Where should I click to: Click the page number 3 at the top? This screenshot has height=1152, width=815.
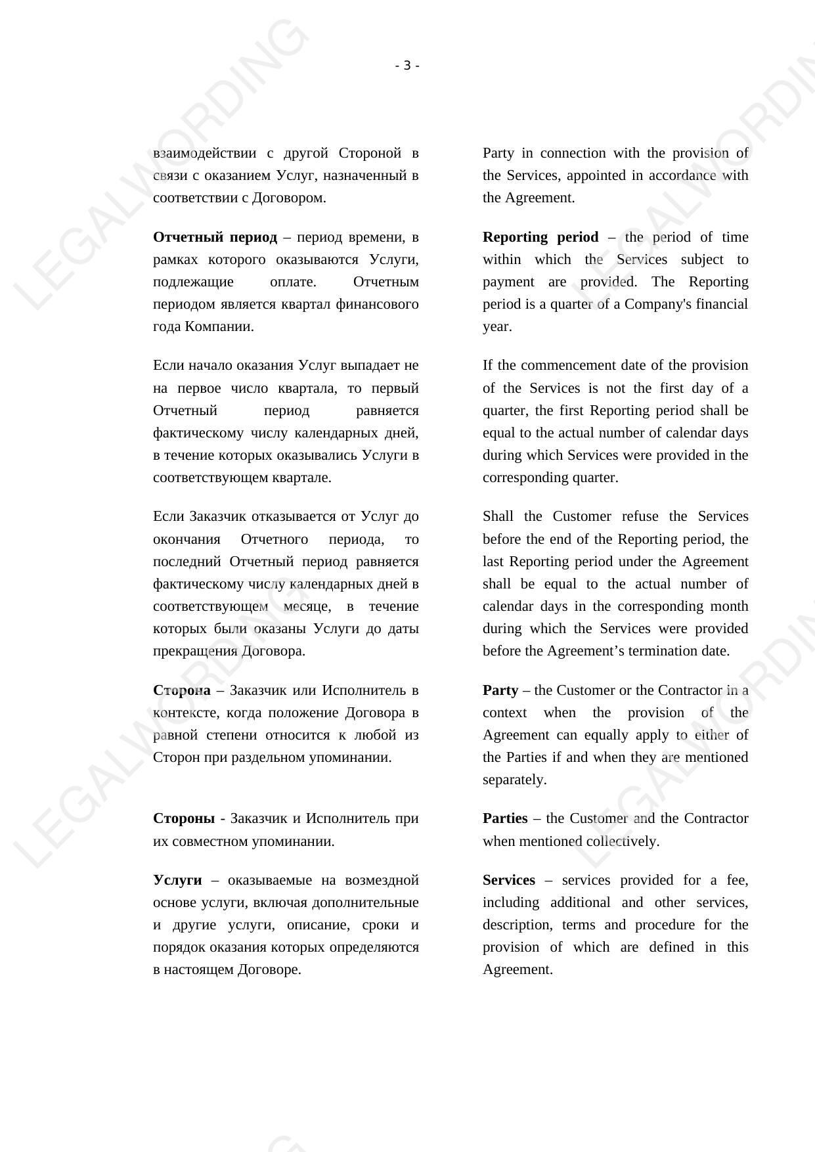(407, 66)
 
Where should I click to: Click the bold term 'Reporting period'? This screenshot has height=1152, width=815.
(540, 237)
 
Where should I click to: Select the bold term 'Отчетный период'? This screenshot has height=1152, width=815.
(215, 237)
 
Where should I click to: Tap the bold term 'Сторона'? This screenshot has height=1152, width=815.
(181, 690)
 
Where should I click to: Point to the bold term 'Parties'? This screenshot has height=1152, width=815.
(504, 818)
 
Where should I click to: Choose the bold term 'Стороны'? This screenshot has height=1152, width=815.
(183, 818)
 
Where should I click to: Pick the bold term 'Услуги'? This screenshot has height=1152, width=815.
(177, 880)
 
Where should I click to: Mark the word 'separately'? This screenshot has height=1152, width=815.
(514, 780)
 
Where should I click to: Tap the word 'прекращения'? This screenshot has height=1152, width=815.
(195, 651)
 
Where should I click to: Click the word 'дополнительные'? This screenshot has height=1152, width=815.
(365, 902)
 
